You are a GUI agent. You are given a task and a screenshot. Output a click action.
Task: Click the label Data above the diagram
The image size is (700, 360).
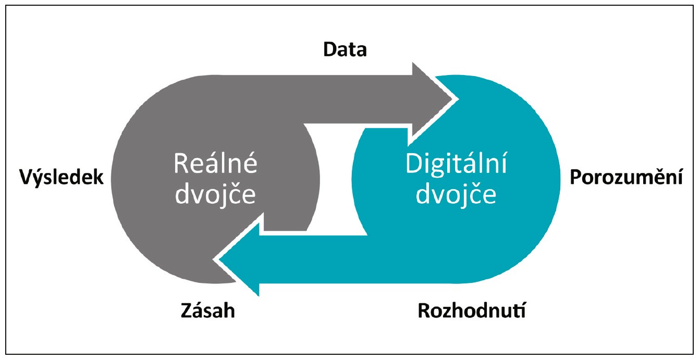345,49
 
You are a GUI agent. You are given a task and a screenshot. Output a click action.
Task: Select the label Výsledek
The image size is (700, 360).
62,178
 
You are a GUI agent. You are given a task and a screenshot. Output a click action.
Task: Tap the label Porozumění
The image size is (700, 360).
625,178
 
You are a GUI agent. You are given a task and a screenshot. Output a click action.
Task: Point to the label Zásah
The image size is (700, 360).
208,311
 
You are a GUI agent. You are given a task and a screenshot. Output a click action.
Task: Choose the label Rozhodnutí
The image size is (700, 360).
472,312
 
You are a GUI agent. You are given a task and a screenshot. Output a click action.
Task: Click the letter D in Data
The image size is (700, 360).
330,49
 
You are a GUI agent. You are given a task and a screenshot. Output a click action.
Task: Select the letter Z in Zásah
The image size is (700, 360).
187,311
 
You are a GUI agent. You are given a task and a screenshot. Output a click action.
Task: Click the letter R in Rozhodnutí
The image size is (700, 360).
425,312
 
